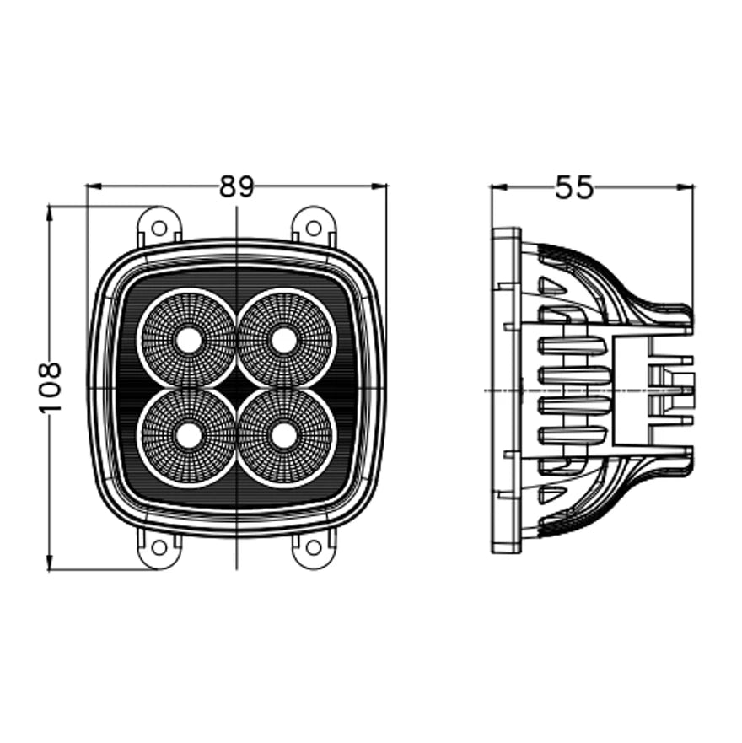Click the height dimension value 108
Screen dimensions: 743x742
51,387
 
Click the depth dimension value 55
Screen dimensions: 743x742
574,188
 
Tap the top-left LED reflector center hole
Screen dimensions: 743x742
190,341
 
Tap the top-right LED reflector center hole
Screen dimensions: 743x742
284,341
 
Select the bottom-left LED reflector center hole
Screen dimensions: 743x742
190,435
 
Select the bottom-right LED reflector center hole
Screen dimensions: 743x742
284,435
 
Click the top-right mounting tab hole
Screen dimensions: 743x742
314,227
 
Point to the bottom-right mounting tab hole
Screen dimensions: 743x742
314,547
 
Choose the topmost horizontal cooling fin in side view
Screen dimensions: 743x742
572,345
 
